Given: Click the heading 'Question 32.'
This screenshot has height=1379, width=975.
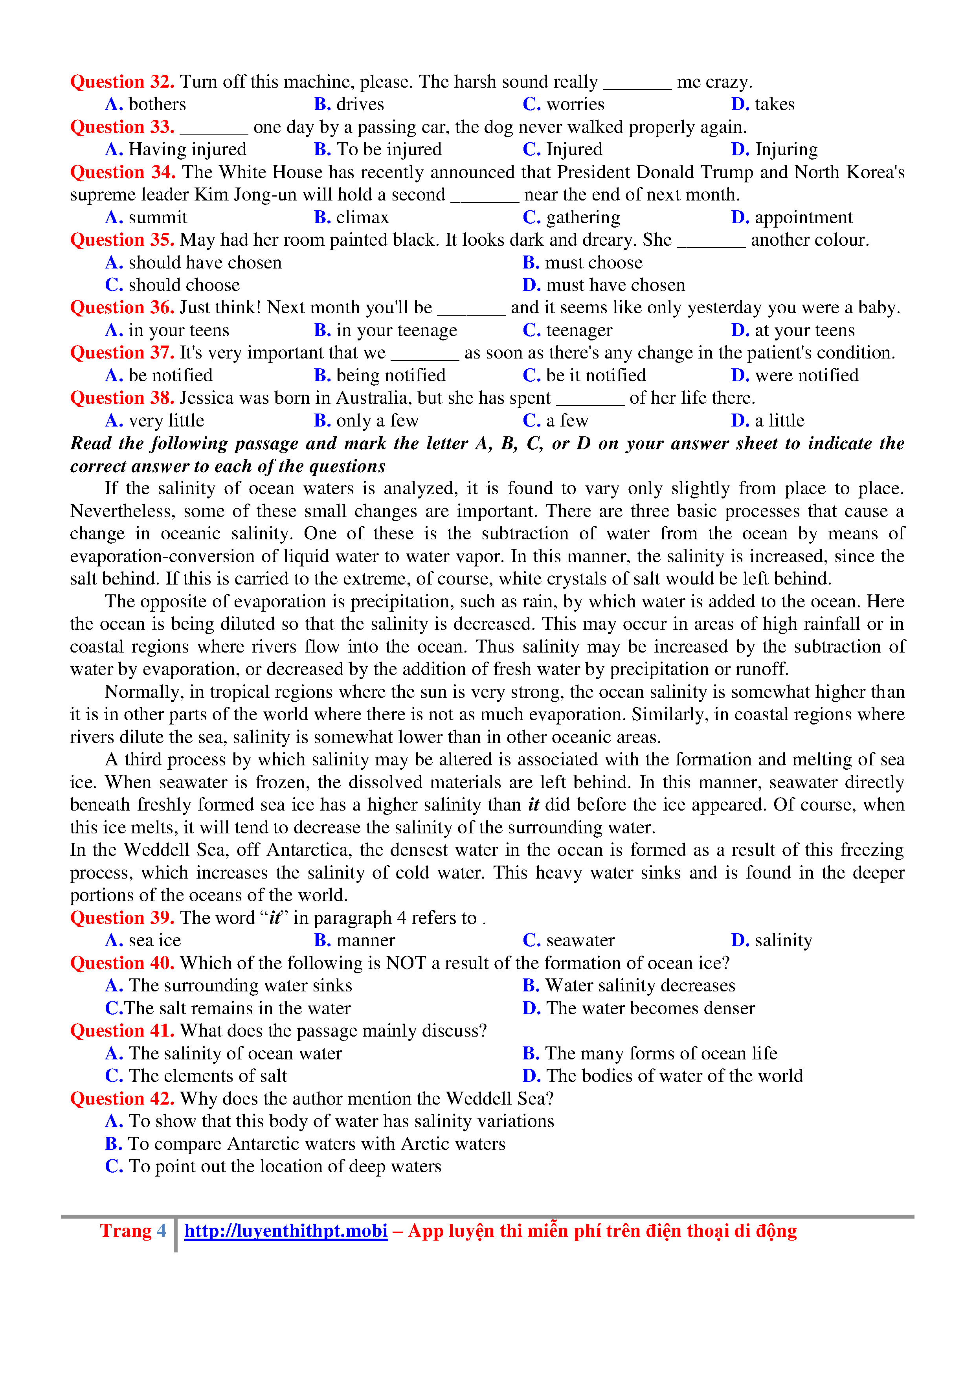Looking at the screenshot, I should [x=122, y=82].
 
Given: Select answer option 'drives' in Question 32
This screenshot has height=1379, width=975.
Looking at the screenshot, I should [x=360, y=105].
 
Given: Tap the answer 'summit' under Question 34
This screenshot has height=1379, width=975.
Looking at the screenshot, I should [x=157, y=217].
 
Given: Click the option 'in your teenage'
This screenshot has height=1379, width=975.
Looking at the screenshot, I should [x=396, y=330].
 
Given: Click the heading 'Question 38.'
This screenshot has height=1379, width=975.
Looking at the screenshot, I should [x=122, y=398].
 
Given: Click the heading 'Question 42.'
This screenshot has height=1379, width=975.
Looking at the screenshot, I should [x=122, y=1098].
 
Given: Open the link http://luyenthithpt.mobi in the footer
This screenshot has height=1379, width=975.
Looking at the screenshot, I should [x=286, y=1231].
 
